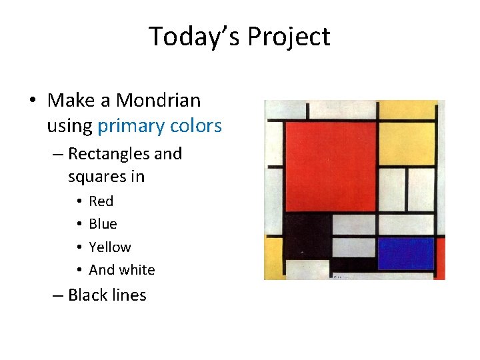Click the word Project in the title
289,36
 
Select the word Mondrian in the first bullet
158,101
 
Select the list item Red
101,201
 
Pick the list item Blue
103,224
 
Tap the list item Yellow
110,247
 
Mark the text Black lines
107,295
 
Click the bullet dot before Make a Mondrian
32,101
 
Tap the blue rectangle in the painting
405,253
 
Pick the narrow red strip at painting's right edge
440,260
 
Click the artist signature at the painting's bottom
340,276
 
